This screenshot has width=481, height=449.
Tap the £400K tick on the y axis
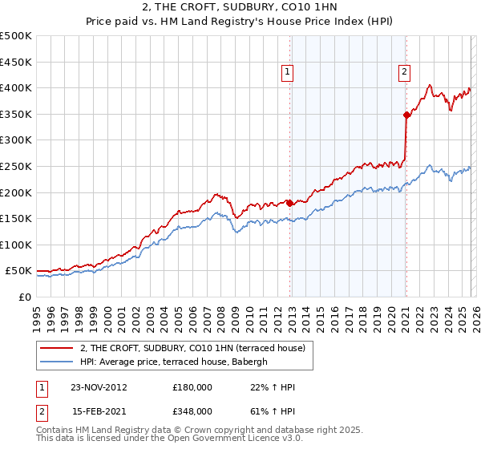point(16,87)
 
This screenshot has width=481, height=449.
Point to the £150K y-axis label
point(16,218)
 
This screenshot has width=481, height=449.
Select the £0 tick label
point(26,297)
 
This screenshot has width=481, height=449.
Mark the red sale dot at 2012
point(289,203)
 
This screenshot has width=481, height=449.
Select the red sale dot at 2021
point(406,115)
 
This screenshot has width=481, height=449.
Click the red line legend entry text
point(192,349)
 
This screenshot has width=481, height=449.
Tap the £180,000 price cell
point(192,387)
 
